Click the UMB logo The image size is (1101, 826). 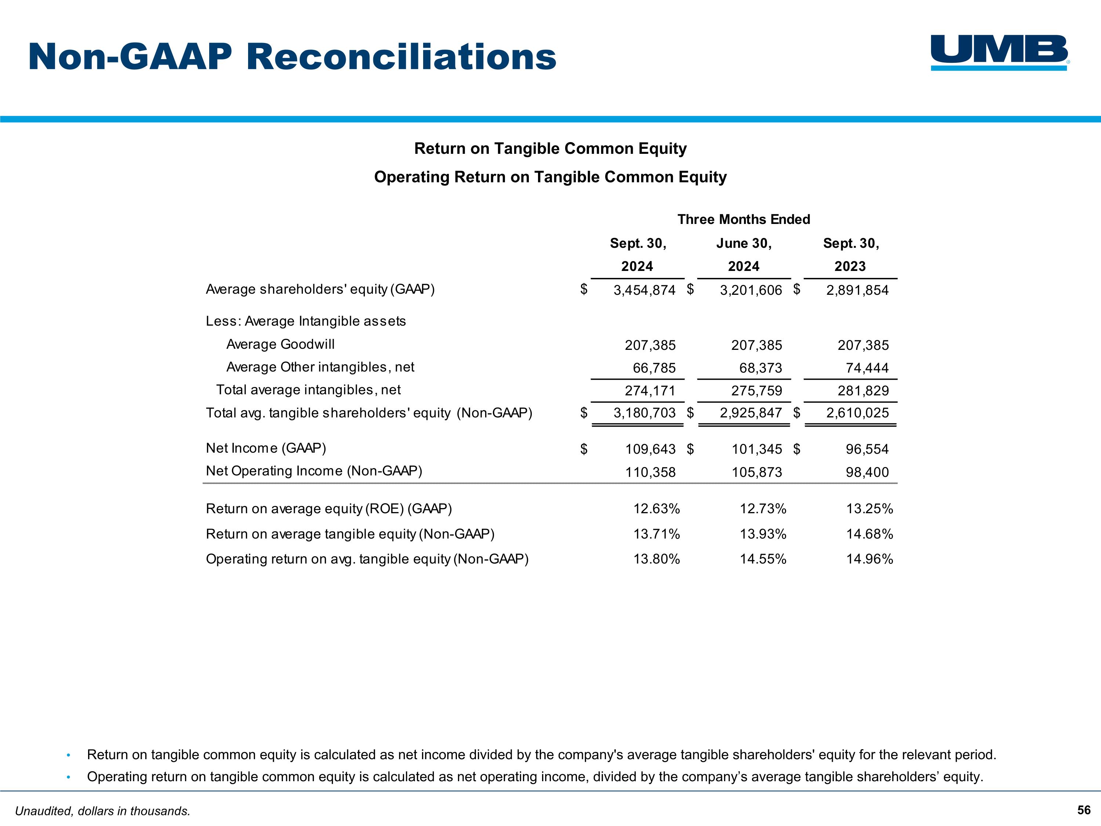tap(999, 52)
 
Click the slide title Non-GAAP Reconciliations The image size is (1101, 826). tap(292, 57)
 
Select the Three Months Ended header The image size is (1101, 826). tap(744, 220)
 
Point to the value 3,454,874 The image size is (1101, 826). tap(644, 290)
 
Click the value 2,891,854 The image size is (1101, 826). tap(857, 290)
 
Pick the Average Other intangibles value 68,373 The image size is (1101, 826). tap(760, 368)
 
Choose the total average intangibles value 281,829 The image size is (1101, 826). tap(863, 391)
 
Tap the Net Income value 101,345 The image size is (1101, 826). tap(756, 449)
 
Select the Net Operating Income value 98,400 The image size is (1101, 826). tap(867, 472)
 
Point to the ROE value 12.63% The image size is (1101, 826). tap(657, 509)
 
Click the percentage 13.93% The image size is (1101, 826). tap(763, 534)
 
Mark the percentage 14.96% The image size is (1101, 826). tap(869, 559)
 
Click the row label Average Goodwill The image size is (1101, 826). tap(280, 345)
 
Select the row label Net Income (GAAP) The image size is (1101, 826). tap(266, 448)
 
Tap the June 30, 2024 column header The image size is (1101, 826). tap(744, 254)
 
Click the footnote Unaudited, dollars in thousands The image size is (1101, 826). tap(102, 811)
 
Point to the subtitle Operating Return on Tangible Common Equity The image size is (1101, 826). tap(550, 177)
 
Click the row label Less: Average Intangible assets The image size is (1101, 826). tap(306, 321)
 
